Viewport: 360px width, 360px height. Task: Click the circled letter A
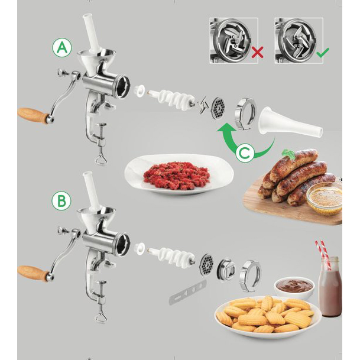pyautogui.click(x=62, y=48)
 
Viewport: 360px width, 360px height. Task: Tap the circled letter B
pyautogui.click(x=61, y=200)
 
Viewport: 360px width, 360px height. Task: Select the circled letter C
pyautogui.click(x=245, y=153)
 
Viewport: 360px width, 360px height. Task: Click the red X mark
pyautogui.click(x=257, y=52)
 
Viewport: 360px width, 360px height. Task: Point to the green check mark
pyautogui.click(x=323, y=53)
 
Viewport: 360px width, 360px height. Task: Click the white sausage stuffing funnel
pyautogui.click(x=290, y=122)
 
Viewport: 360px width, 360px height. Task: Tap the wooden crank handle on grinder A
pyautogui.click(x=34, y=115)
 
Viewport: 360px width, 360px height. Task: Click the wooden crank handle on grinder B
pyautogui.click(x=33, y=273)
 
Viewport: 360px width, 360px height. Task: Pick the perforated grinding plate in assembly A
pyautogui.click(x=218, y=108)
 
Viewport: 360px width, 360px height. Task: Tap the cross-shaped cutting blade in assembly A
pyautogui.click(x=203, y=105)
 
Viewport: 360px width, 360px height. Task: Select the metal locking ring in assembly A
pyautogui.click(x=245, y=113)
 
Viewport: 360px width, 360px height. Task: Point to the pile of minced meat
pyautogui.click(x=177, y=176)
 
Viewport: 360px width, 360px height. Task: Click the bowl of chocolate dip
pyautogui.click(x=294, y=287)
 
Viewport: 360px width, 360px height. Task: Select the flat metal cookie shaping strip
pyautogui.click(x=188, y=292)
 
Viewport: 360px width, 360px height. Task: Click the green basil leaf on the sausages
pyautogui.click(x=288, y=153)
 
